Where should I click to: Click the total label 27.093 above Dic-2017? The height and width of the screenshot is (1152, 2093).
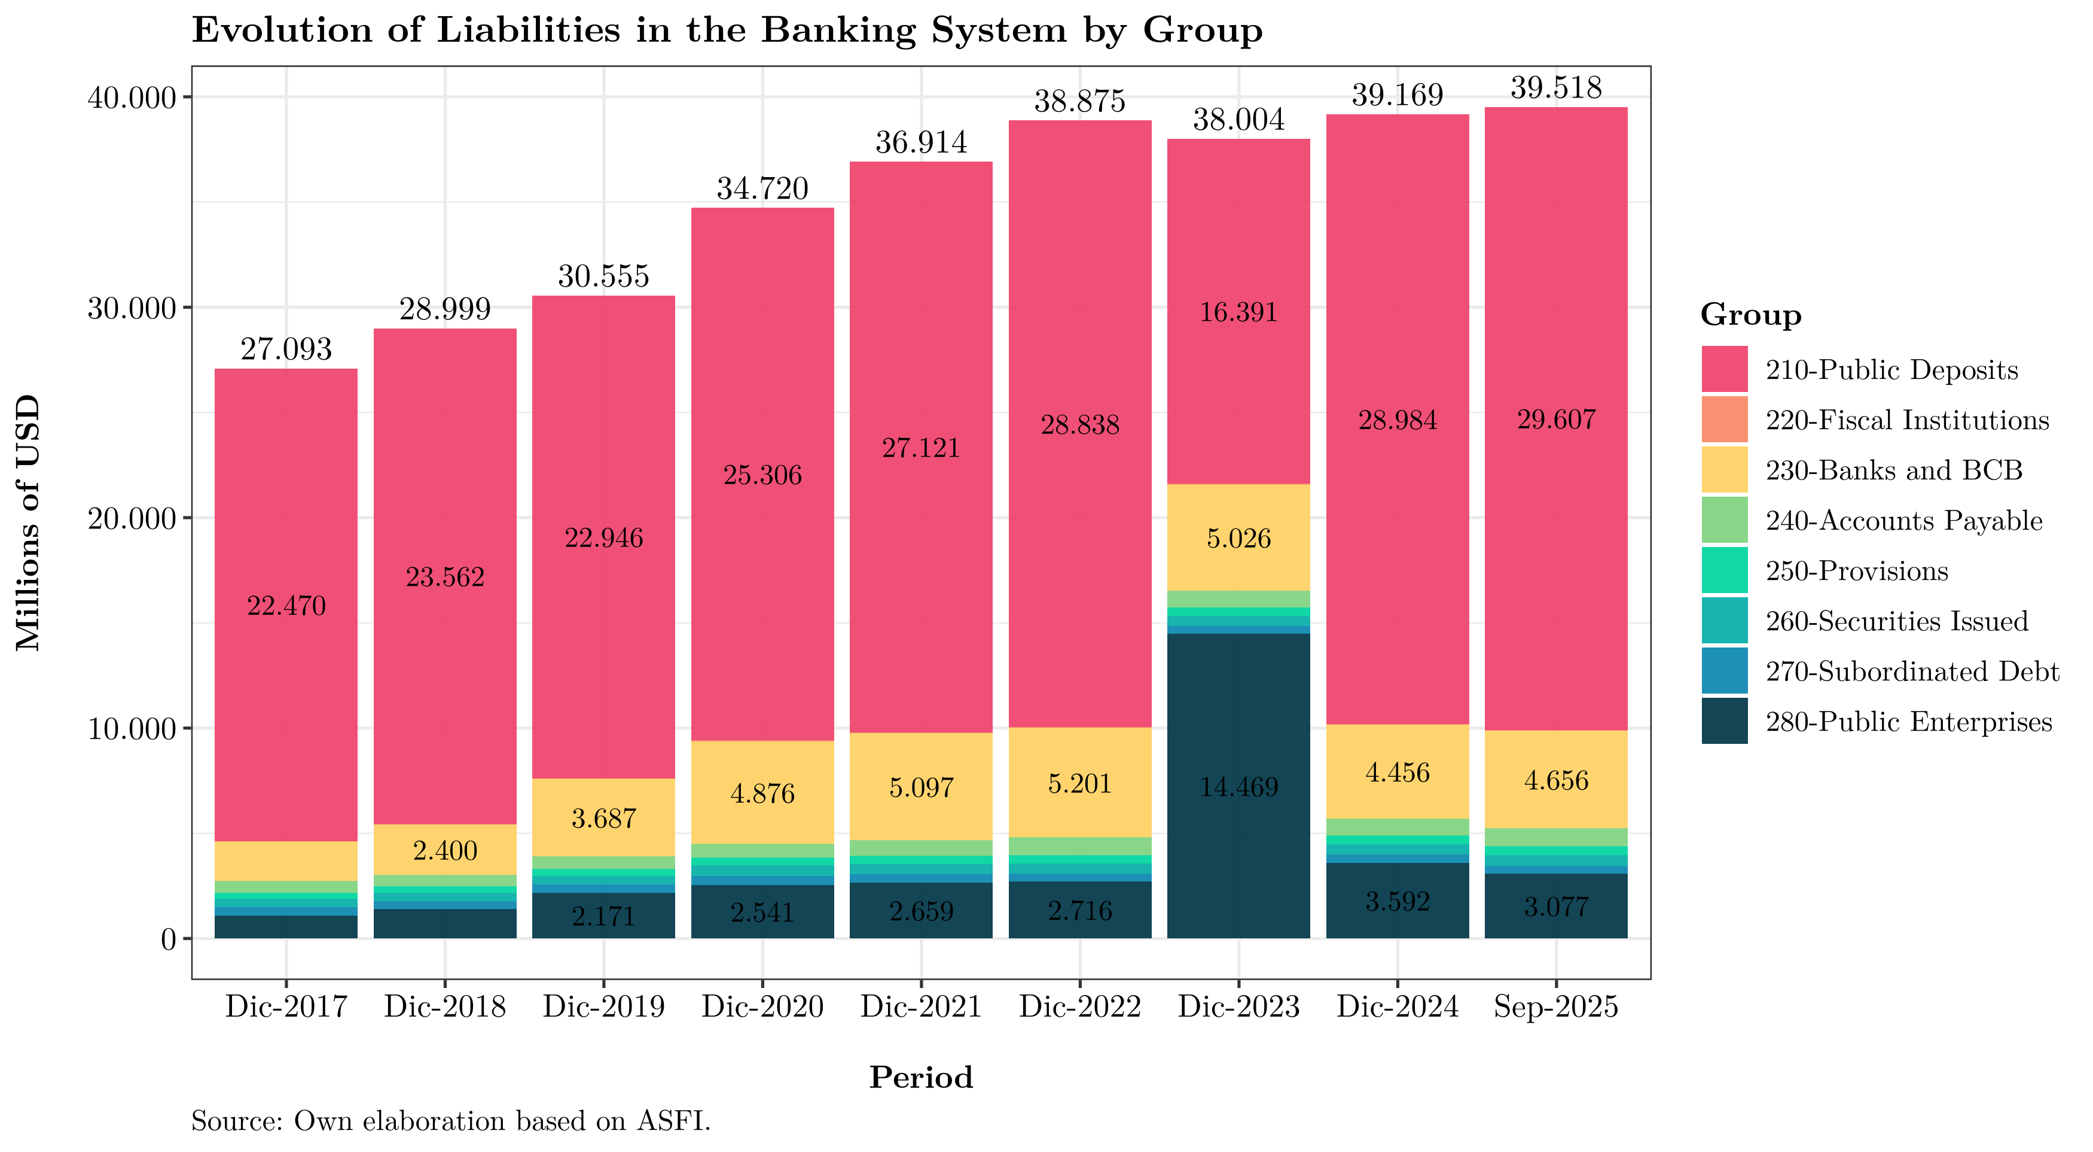286,349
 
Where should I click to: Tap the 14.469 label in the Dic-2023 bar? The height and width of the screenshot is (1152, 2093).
1238,787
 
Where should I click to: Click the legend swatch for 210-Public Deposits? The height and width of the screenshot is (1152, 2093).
1724,370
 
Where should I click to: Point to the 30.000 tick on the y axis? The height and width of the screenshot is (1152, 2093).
132,309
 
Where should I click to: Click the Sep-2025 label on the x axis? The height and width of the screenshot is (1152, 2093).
1555,1007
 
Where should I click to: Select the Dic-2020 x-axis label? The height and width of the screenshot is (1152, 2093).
762,1007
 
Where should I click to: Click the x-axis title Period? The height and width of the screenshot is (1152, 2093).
920,1077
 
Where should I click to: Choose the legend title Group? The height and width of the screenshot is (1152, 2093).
1750,315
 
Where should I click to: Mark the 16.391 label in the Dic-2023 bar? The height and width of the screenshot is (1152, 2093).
1238,312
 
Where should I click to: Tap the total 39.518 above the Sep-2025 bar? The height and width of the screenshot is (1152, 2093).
1555,88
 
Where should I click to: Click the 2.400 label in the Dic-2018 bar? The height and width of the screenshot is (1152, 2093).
446,851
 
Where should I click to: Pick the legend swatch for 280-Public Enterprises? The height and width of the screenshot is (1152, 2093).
1724,721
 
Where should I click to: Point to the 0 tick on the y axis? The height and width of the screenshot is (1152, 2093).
168,940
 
